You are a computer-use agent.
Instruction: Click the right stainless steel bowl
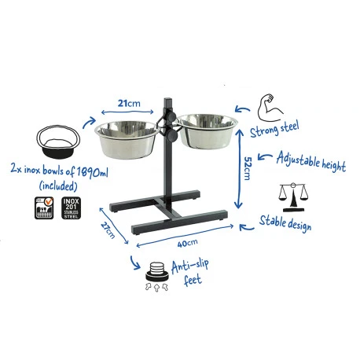(207, 132)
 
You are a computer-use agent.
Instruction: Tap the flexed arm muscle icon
(265, 105)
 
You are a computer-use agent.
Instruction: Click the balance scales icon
(292, 196)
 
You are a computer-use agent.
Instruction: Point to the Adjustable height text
(310, 161)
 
